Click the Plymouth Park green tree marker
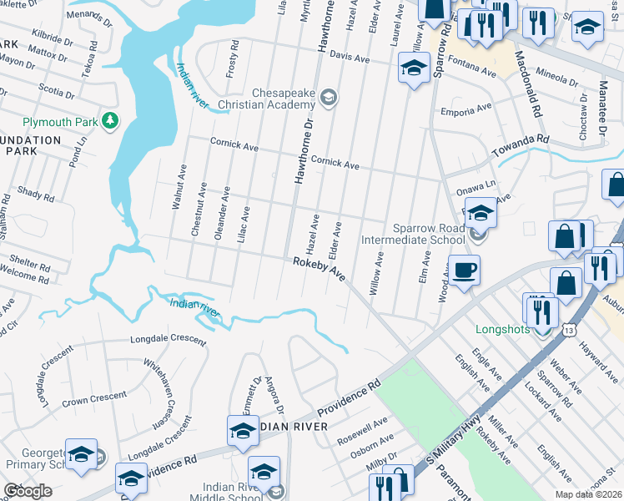[109, 122]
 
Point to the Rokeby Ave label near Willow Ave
[319, 268]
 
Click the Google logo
[28, 490]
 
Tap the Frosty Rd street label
[234, 63]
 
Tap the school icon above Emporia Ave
[414, 68]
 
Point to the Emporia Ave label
[467, 110]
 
